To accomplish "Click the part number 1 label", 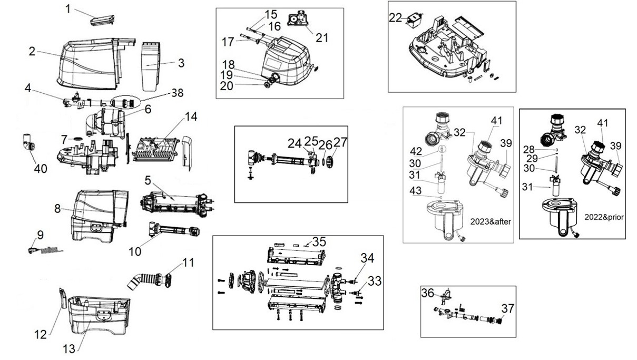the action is (x=68, y=9).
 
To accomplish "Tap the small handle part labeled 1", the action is (x=102, y=21).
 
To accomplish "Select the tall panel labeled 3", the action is (x=151, y=67).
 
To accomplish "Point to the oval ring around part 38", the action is (x=125, y=102).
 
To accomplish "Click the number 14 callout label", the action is (x=191, y=116).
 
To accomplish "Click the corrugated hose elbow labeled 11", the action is (x=149, y=280).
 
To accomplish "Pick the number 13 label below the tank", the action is (x=69, y=349).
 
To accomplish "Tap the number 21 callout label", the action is (x=322, y=38).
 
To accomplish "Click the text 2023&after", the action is (x=491, y=221).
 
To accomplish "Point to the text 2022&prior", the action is (x=604, y=217).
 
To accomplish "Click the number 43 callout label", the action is (x=415, y=191).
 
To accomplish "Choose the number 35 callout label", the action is (x=319, y=242).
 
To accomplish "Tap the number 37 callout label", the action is (x=507, y=308).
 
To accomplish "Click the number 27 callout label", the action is (x=340, y=142).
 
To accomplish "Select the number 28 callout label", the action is (x=529, y=149).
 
